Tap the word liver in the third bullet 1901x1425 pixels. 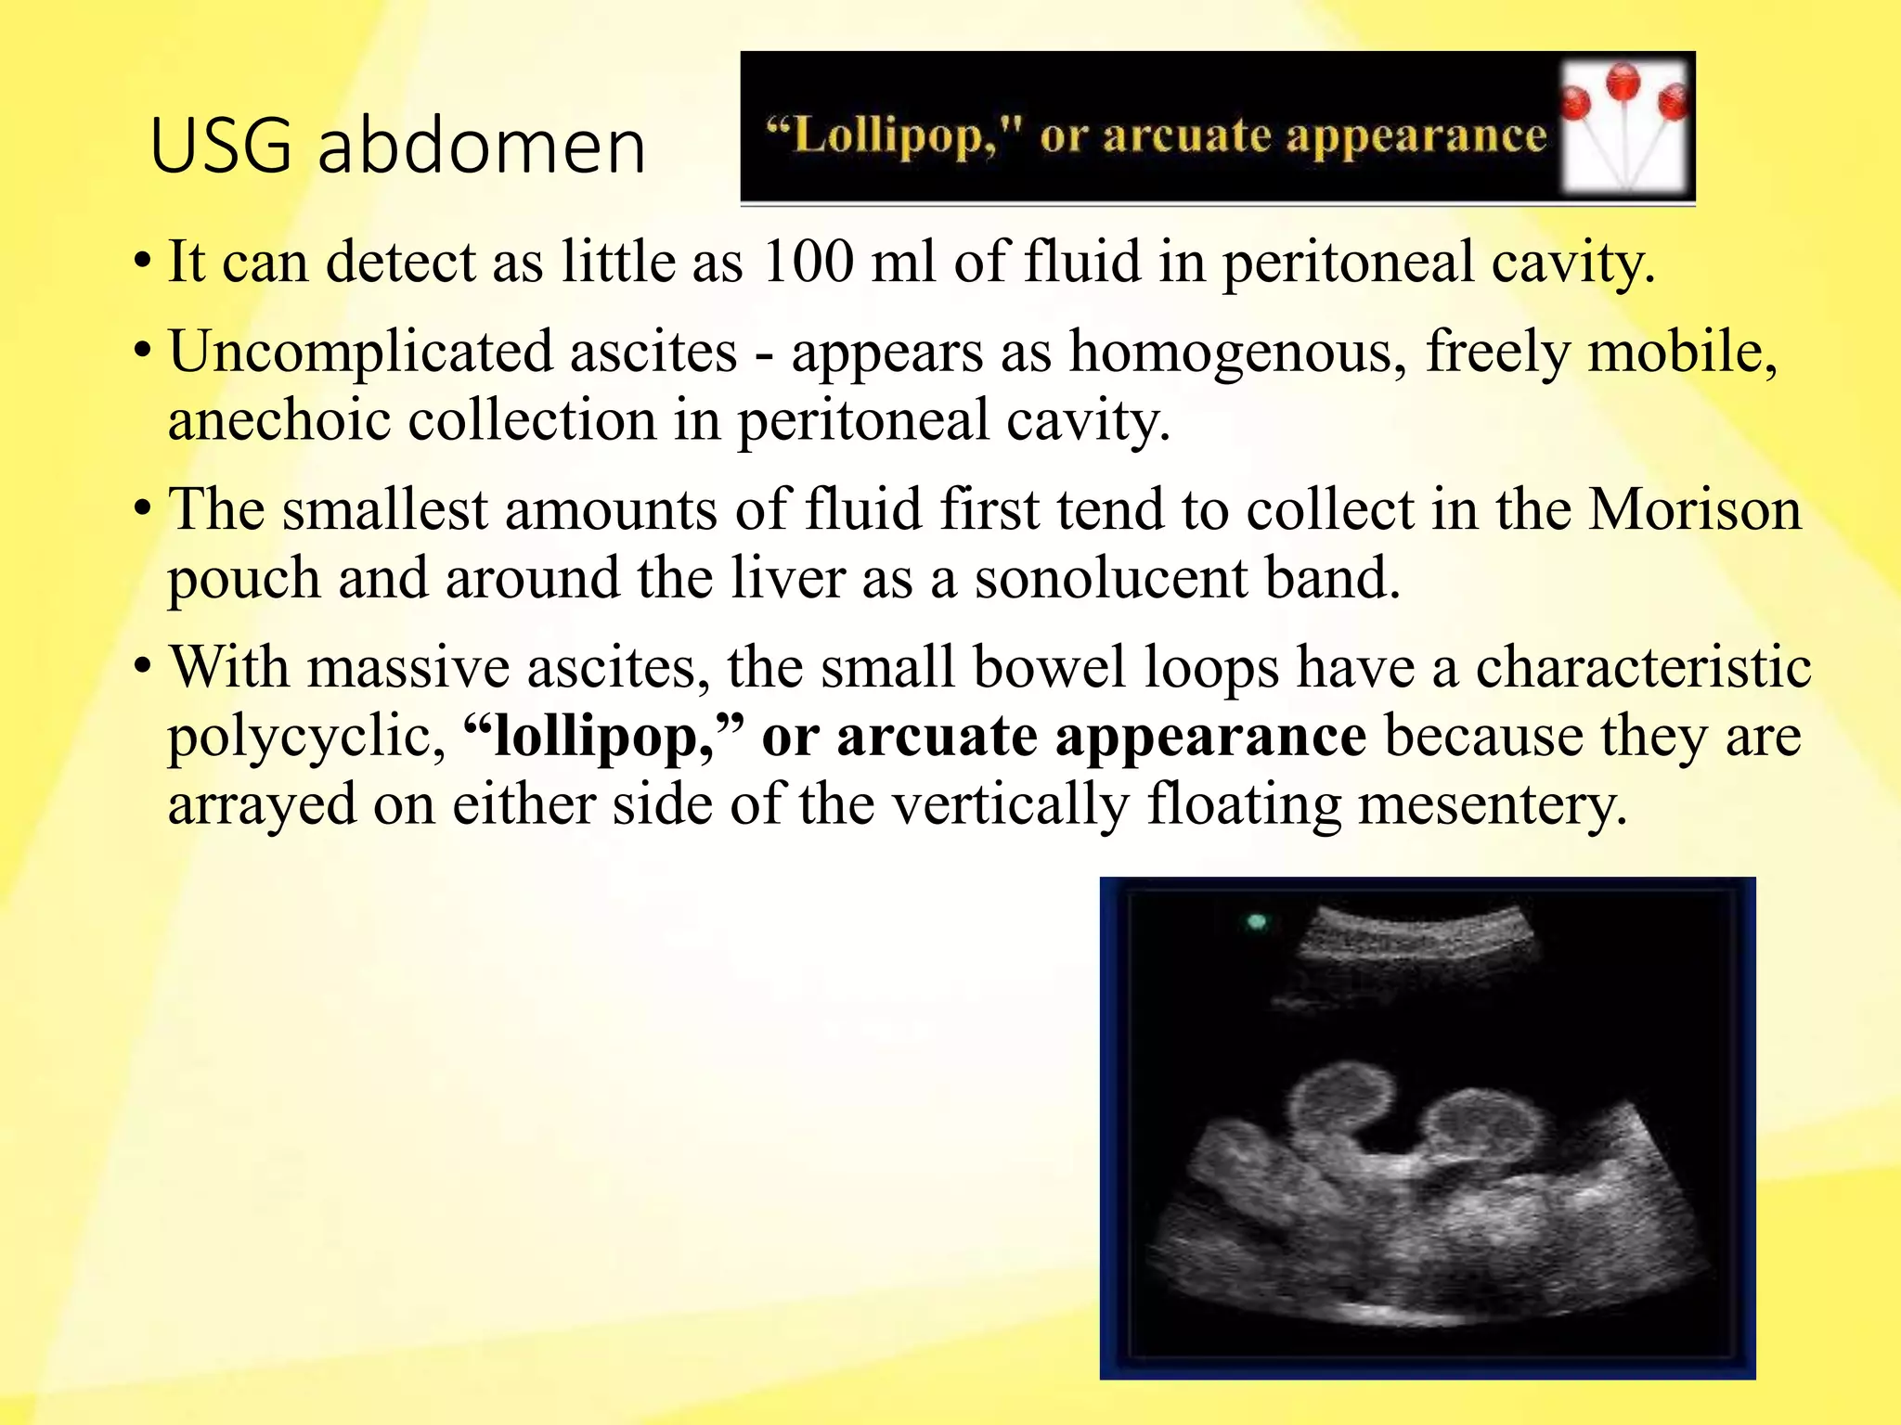click(x=787, y=578)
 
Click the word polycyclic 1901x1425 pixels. click(x=299, y=738)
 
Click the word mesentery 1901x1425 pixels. click(x=1492, y=803)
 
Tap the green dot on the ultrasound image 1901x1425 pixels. click(x=1257, y=922)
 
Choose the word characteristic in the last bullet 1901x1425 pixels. click(x=1643, y=667)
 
